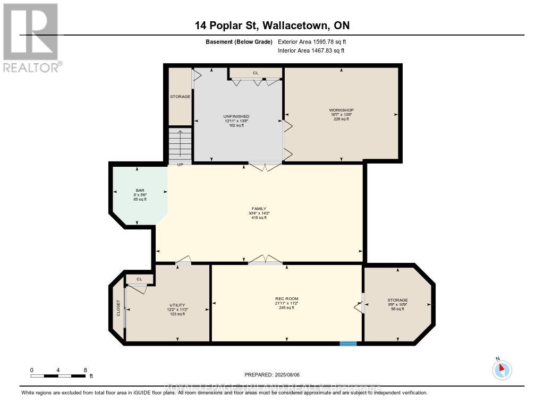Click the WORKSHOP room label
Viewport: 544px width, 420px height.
point(342,110)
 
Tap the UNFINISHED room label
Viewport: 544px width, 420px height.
point(236,116)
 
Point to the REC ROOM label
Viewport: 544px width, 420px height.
point(286,299)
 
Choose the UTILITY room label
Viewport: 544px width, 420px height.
point(177,305)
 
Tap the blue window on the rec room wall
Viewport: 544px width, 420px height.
point(348,344)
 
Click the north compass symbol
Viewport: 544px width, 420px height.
point(501,370)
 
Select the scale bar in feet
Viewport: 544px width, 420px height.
point(58,376)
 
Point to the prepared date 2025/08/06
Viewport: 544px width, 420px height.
point(276,375)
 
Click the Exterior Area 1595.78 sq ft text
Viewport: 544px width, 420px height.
point(312,41)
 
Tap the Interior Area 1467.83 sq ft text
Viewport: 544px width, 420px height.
point(311,50)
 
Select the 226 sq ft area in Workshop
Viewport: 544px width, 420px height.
point(342,119)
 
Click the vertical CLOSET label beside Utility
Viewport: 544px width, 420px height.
point(118,308)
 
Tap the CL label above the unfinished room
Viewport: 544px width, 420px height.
point(256,73)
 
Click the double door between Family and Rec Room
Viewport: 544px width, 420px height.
point(266,260)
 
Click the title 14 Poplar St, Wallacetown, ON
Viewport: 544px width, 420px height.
point(271,25)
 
